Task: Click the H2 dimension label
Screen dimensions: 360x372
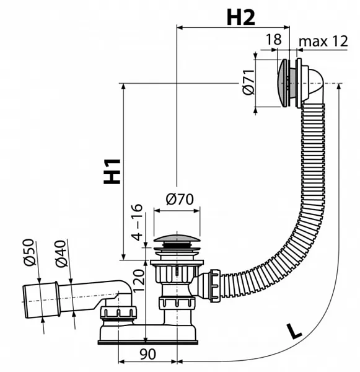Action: [x=240, y=17]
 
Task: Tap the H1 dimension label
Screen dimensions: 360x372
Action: [x=112, y=171]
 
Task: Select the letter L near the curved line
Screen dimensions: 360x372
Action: [x=294, y=331]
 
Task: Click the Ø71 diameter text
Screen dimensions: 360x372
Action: [x=248, y=82]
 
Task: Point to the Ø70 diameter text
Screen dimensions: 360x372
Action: [x=180, y=199]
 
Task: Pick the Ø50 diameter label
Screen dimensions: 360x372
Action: [x=30, y=252]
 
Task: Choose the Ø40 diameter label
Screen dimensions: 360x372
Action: [x=61, y=254]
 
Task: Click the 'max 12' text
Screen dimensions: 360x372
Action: [x=323, y=42]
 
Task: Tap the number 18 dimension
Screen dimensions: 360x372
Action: [x=274, y=39]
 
